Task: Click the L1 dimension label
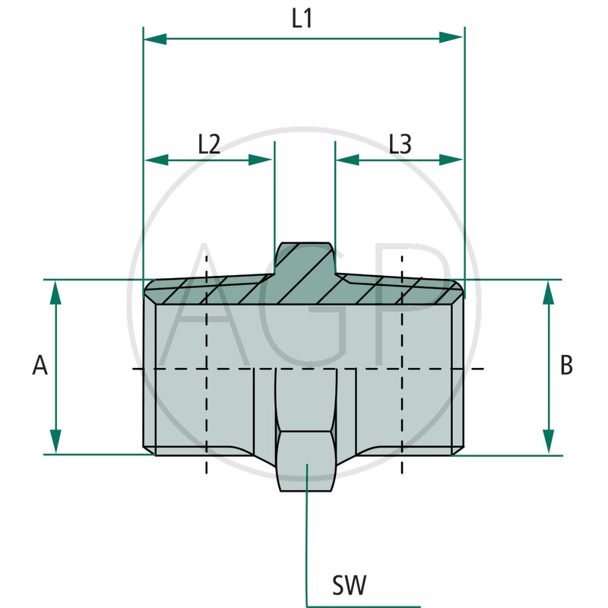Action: click(302, 19)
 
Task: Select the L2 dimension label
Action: click(209, 144)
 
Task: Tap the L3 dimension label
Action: click(400, 144)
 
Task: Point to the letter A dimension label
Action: click(40, 366)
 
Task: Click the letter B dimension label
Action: click(566, 366)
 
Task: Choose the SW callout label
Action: click(350, 586)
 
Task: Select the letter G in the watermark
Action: click(304, 304)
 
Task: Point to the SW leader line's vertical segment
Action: click(306, 547)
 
